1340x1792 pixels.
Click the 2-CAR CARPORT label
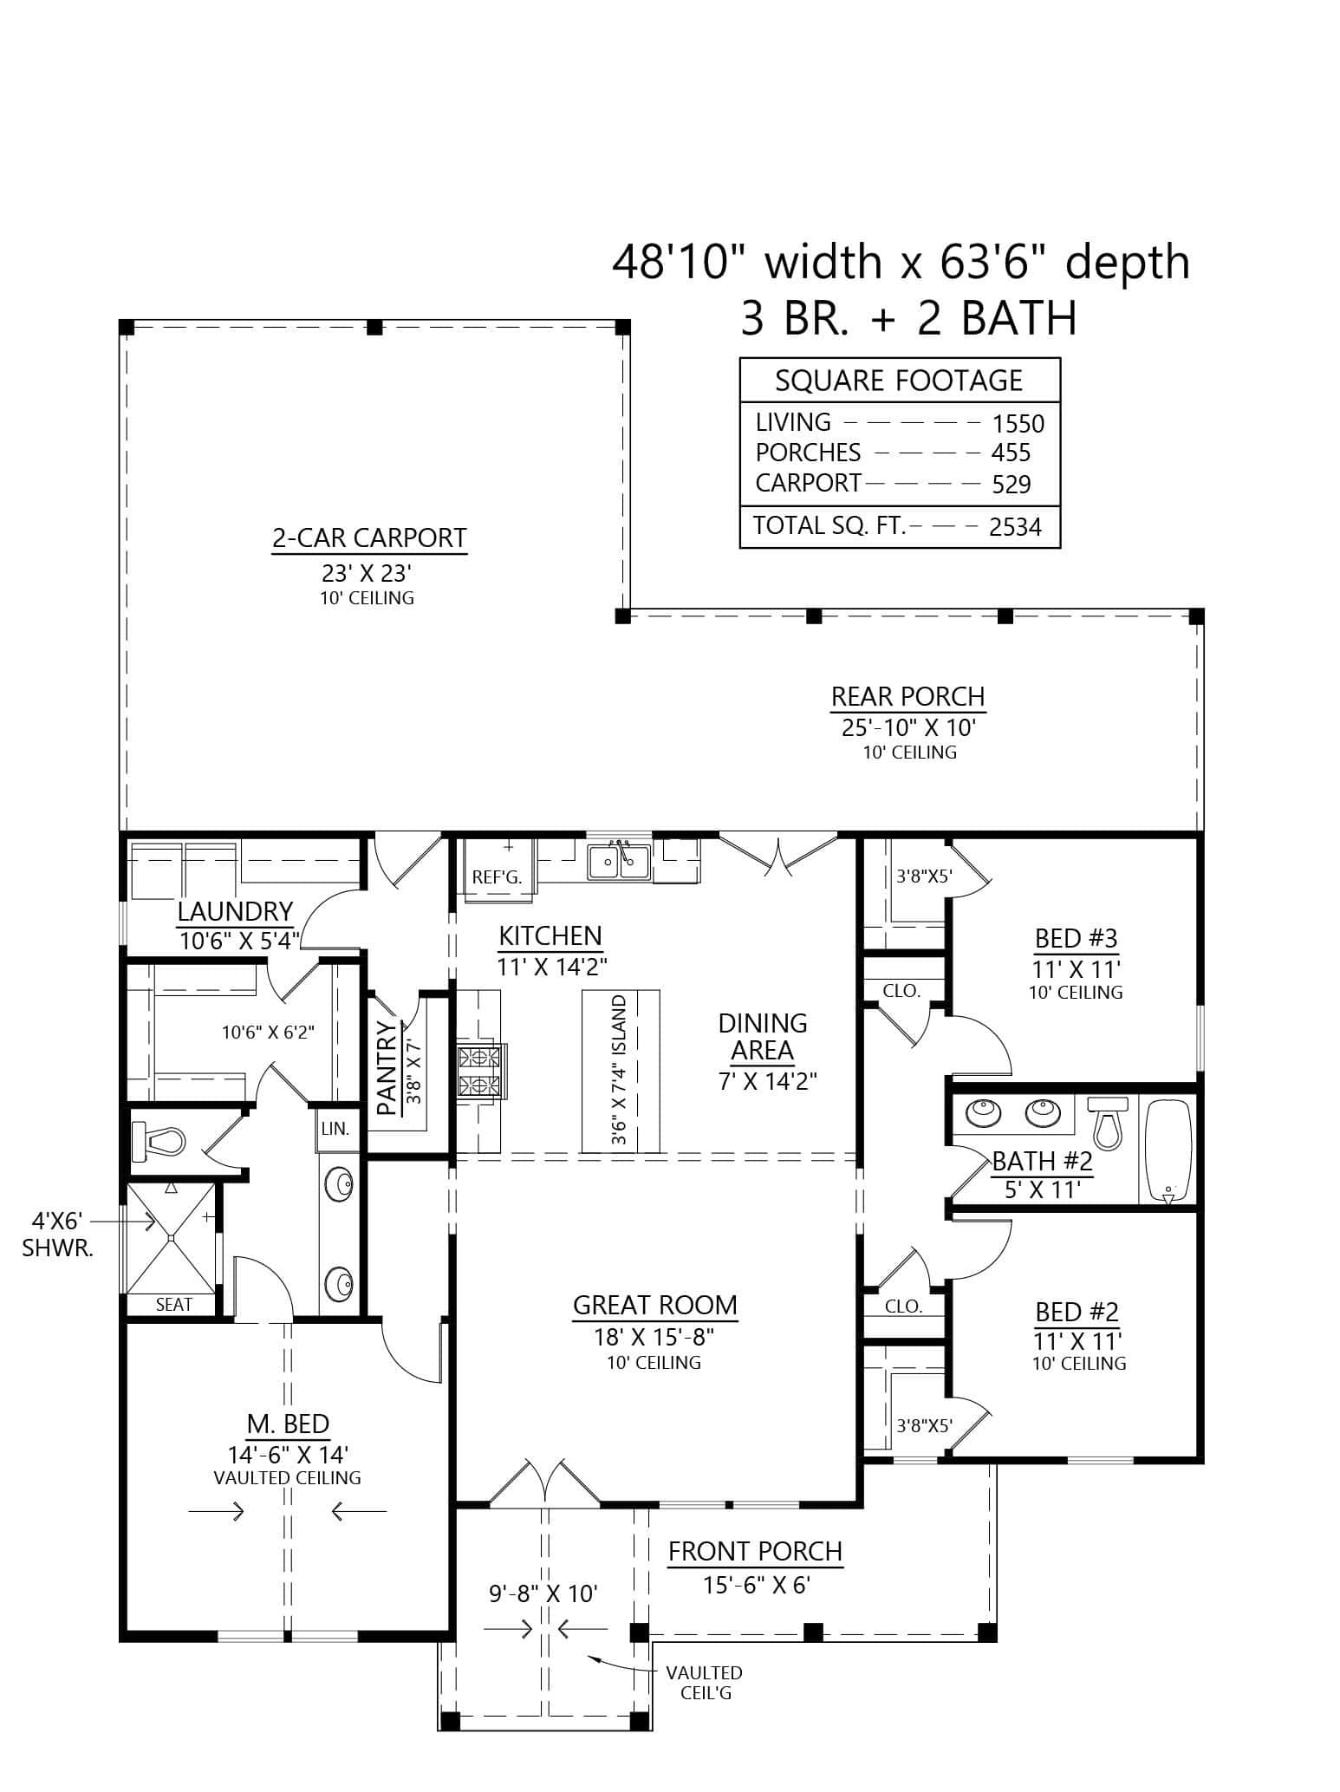pos(369,538)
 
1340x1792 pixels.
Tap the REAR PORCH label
pos(907,697)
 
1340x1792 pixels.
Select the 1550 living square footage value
pos(1018,424)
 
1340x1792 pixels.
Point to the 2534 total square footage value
pos(1014,527)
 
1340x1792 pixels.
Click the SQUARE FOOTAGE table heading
pos(899,381)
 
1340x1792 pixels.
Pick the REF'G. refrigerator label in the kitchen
pos(497,877)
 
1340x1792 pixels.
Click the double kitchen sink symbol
pos(619,861)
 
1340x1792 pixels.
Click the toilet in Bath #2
pos(1105,1121)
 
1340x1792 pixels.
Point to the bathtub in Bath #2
pos(1168,1149)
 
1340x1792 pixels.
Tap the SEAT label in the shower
pos(173,1305)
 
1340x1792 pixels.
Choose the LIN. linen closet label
pos(335,1130)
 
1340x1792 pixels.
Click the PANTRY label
pos(387,1067)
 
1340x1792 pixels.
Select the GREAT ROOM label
pos(654,1305)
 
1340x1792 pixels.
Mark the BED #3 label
pos(1076,938)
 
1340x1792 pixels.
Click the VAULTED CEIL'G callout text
pos(704,1683)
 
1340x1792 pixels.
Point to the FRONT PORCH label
pos(755,1551)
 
